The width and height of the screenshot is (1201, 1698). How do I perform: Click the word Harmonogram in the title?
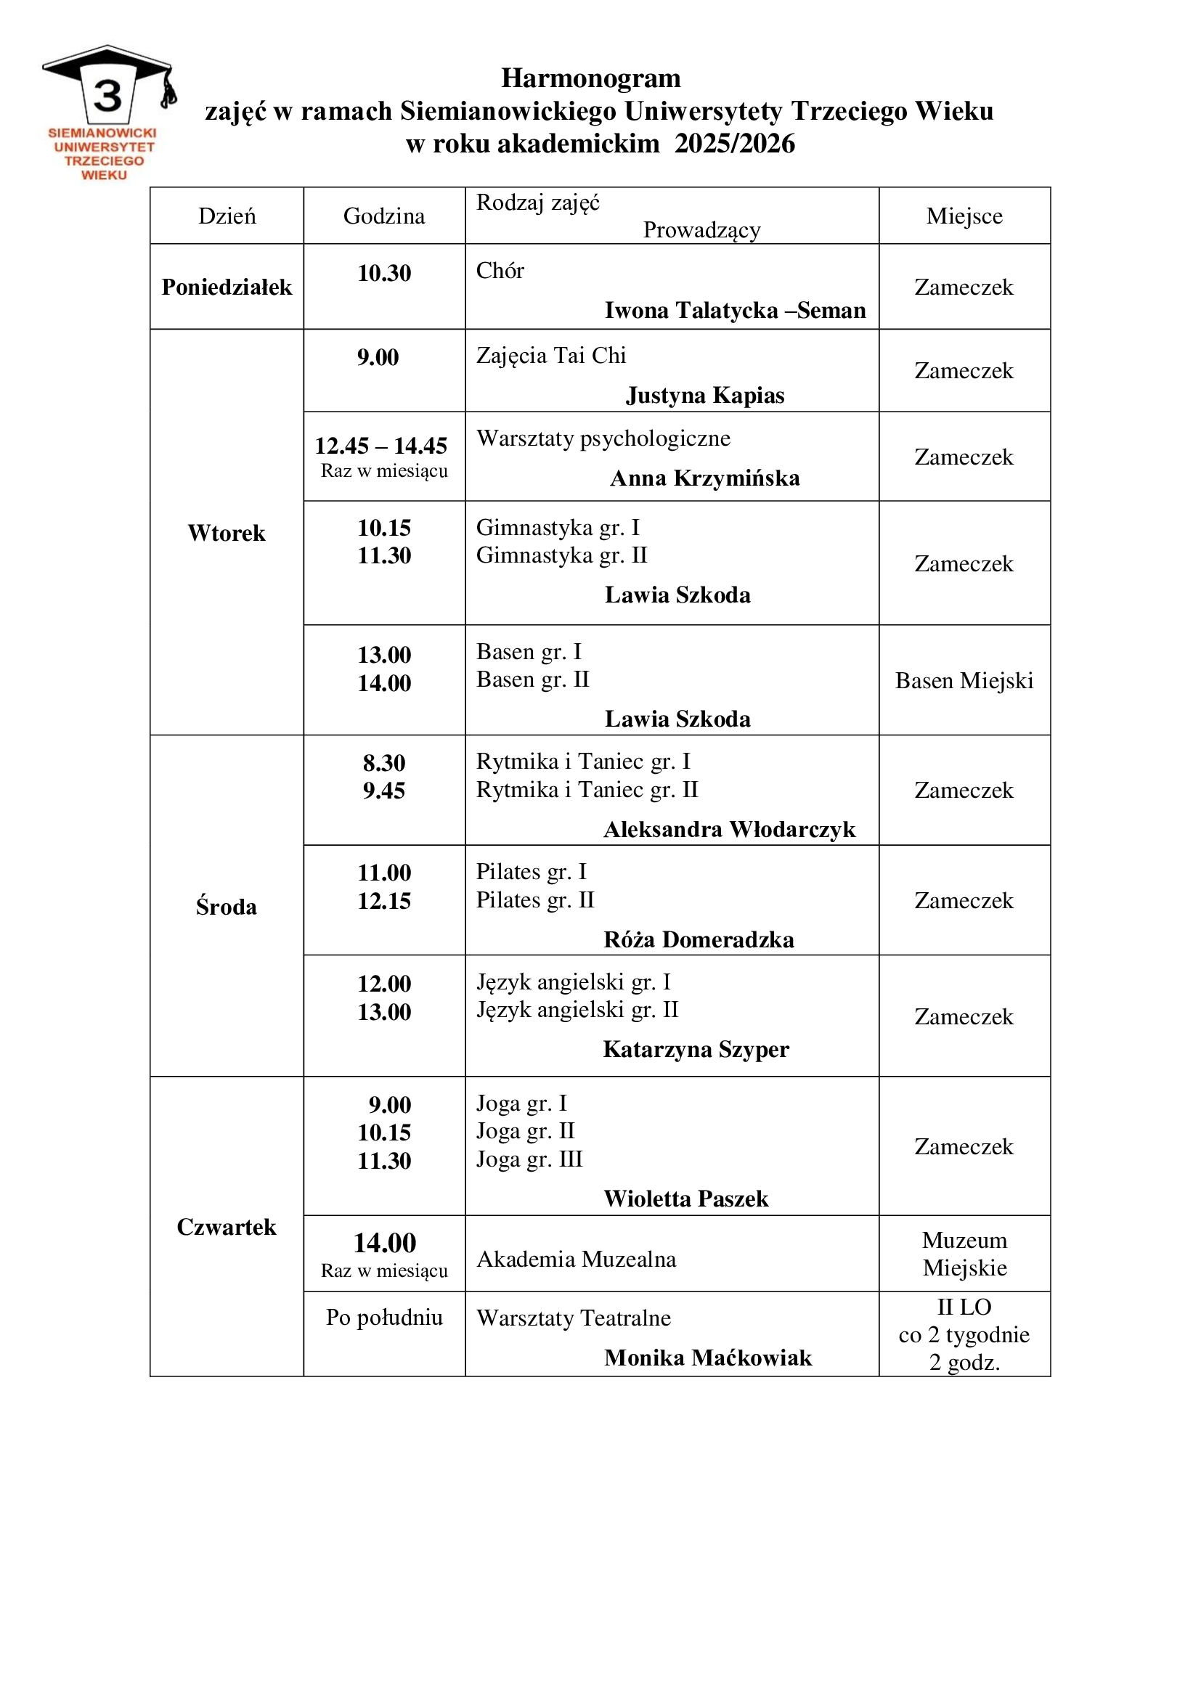(590, 78)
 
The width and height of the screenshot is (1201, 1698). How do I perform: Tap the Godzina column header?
(384, 216)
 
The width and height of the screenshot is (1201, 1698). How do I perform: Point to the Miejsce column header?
(964, 216)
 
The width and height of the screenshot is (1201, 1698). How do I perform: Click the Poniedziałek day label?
(227, 287)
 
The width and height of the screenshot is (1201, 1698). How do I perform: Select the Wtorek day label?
(227, 534)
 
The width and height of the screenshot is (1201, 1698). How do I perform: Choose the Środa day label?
(227, 907)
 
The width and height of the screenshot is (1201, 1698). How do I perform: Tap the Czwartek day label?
(227, 1227)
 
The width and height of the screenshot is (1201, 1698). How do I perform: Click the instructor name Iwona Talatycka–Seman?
(734, 311)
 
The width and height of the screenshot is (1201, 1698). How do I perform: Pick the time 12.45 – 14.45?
(381, 446)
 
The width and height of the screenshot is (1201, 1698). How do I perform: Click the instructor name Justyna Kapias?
(705, 396)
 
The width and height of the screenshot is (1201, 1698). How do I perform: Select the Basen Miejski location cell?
(964, 680)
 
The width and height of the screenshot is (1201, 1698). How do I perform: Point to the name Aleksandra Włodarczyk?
(729, 830)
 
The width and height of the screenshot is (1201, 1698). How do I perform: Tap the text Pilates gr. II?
(534, 900)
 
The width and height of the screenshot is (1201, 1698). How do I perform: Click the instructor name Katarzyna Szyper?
(696, 1050)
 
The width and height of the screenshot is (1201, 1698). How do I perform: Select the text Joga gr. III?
(529, 1159)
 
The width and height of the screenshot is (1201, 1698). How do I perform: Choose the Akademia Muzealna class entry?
(576, 1260)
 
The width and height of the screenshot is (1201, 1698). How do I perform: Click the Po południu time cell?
(384, 1317)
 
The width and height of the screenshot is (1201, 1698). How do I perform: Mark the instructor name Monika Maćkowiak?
(708, 1358)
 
